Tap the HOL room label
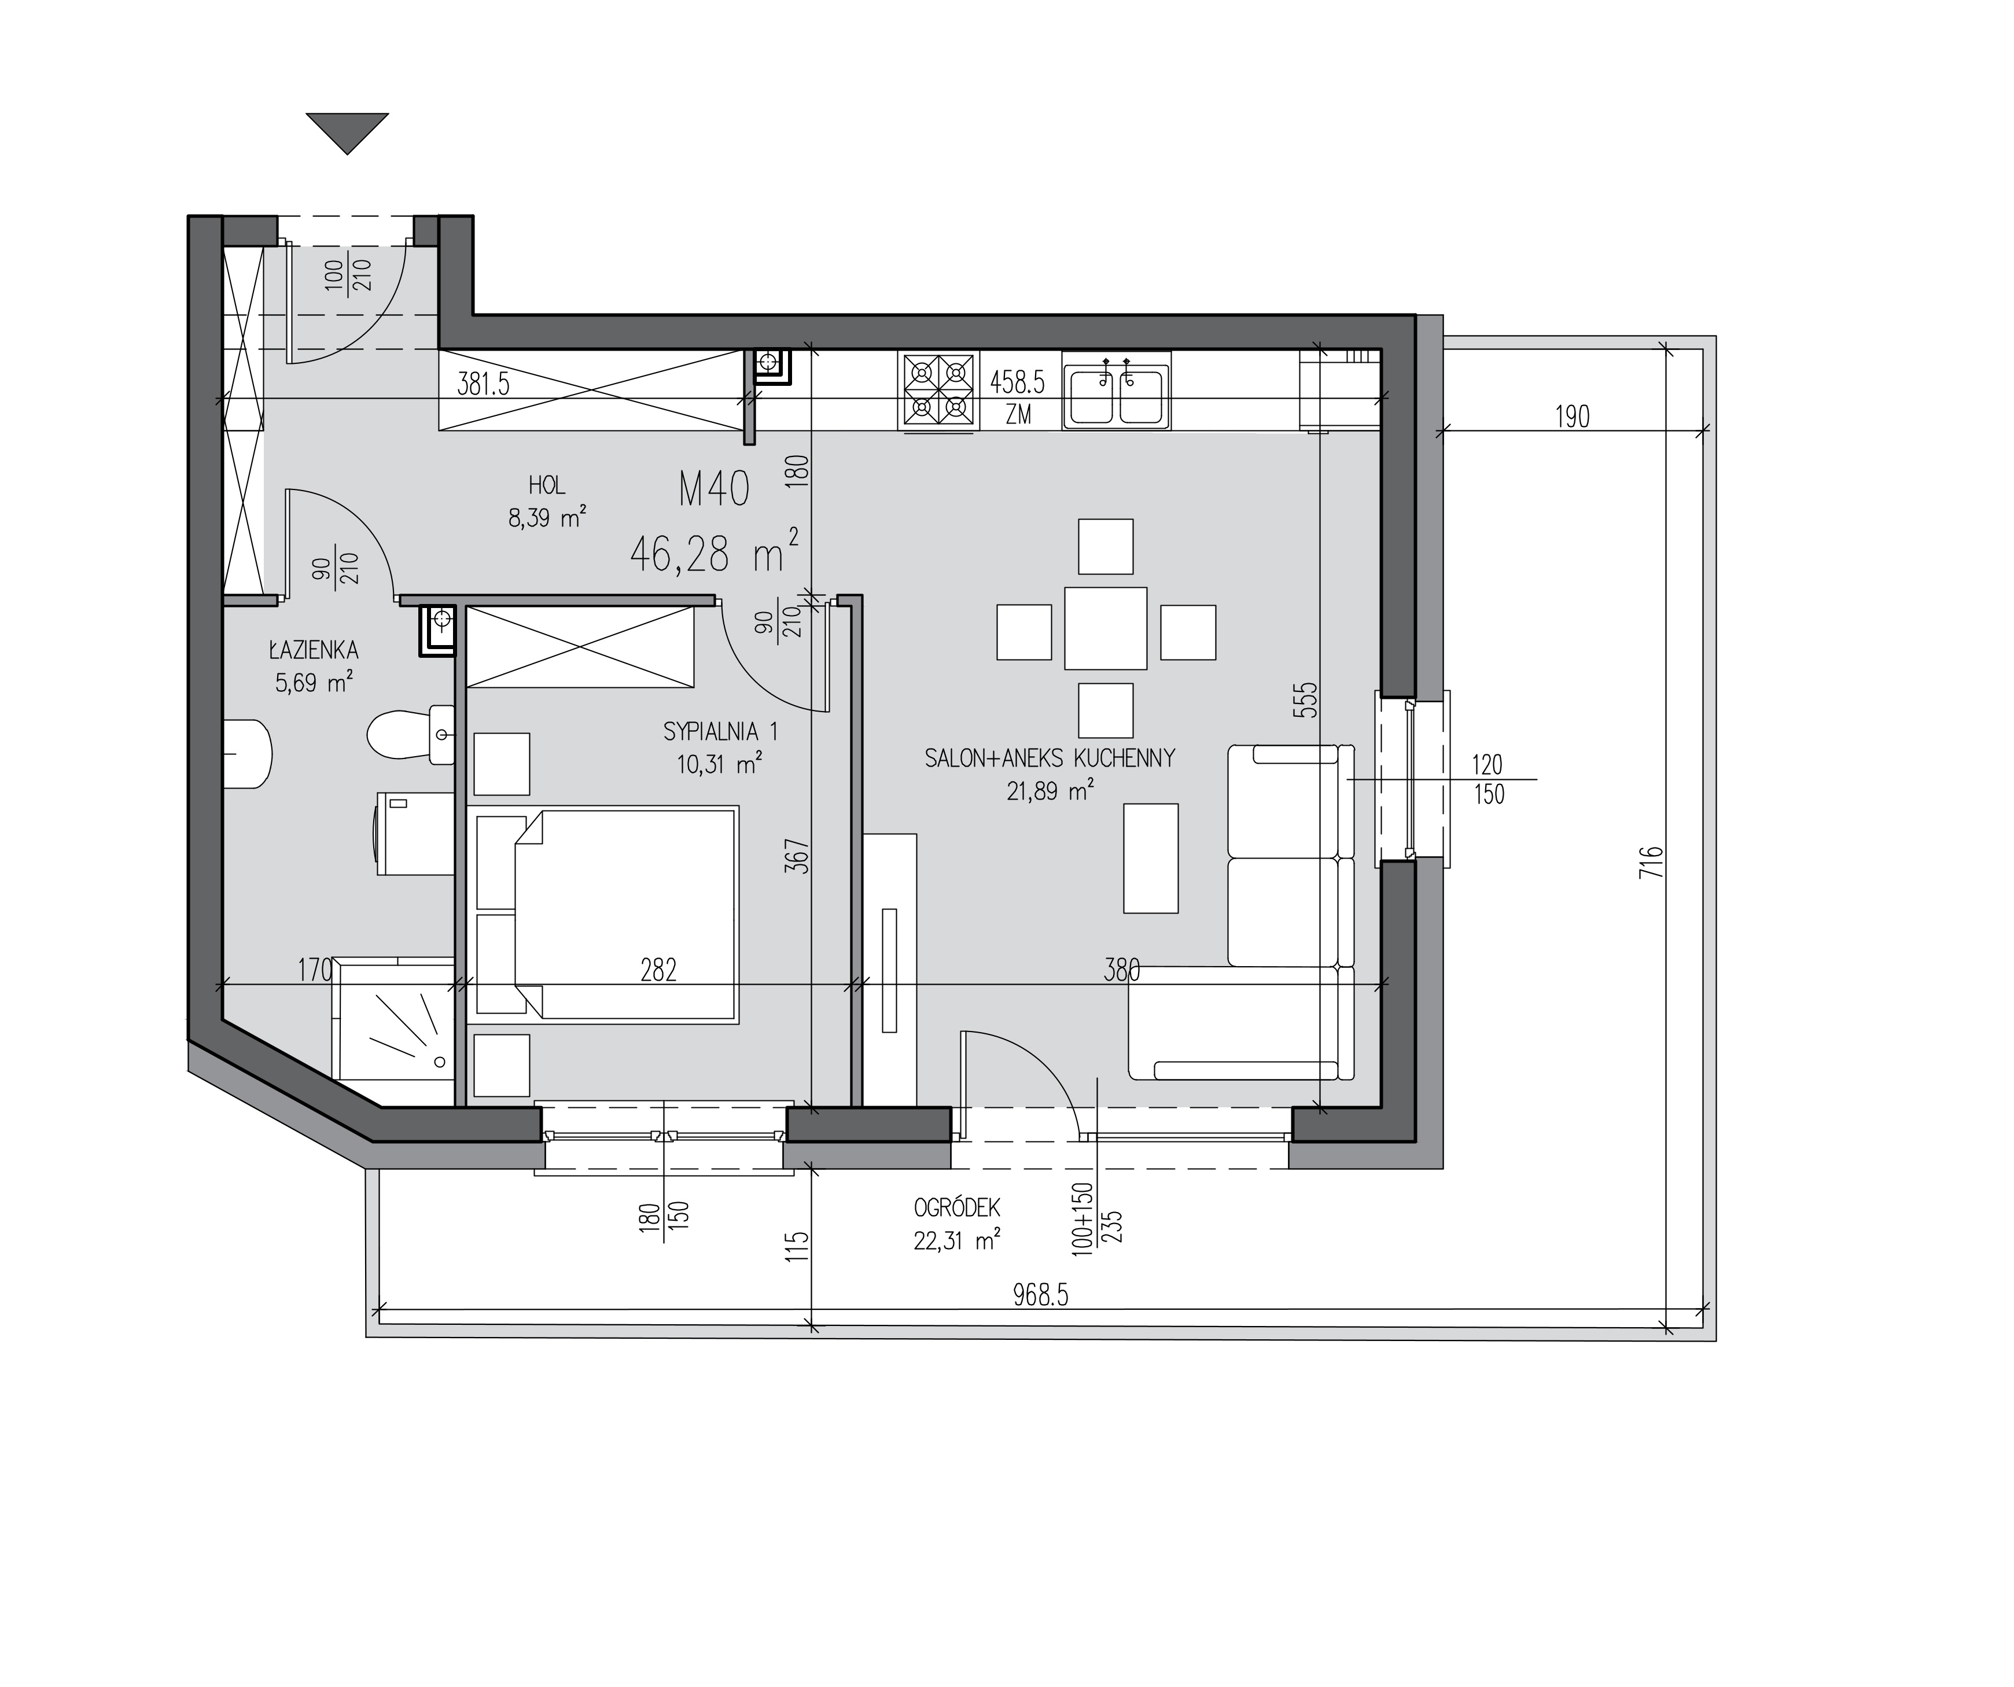click(x=547, y=485)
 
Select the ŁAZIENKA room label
click(x=314, y=650)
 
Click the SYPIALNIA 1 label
click(x=720, y=732)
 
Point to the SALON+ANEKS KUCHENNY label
click(x=1049, y=758)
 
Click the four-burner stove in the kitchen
click(x=938, y=391)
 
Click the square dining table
click(x=1106, y=628)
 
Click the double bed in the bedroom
click(x=607, y=913)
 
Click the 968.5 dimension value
click(x=1041, y=1296)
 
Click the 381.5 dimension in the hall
click(x=483, y=385)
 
